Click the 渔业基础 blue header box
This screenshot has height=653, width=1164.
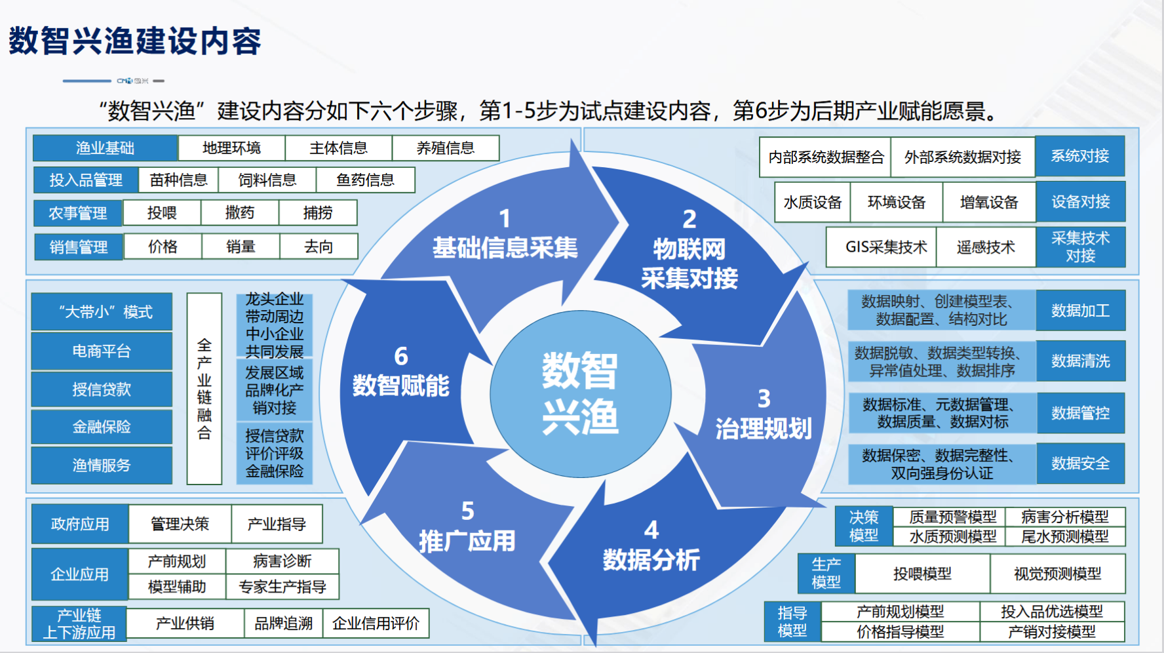[105, 148]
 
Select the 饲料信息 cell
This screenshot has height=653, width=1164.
[267, 180]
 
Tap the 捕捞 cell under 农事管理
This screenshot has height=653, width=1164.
[318, 212]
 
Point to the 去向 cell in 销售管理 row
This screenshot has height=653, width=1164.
[319, 247]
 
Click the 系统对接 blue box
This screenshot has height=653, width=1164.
[1080, 156]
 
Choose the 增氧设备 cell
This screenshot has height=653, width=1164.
[989, 202]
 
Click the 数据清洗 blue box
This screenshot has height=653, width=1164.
[1080, 361]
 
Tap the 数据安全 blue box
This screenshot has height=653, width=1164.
[1080, 464]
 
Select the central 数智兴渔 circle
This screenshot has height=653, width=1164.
[581, 393]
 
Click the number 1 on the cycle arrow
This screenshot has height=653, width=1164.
[505, 218]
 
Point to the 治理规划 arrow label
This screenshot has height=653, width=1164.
[764, 428]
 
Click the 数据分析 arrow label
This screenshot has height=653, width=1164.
[651, 559]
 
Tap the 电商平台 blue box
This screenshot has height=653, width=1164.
[102, 351]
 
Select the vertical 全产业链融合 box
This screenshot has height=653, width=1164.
[204, 388]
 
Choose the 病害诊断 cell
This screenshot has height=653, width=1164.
[282, 561]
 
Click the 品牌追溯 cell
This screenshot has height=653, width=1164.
[283, 623]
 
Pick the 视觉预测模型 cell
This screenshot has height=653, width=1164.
[1057, 574]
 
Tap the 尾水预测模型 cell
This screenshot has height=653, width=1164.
[1065, 536]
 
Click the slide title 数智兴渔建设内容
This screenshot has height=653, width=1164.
[135, 41]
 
